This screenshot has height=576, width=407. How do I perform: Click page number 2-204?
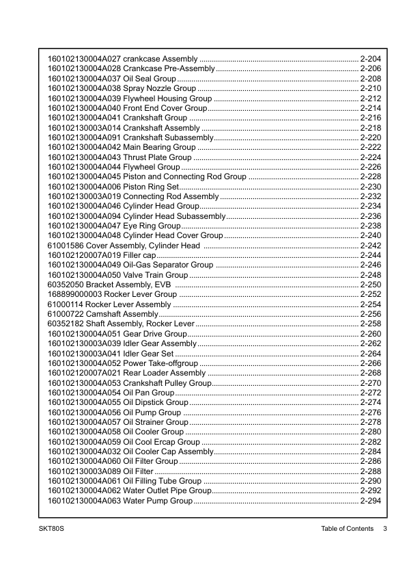point(370,60)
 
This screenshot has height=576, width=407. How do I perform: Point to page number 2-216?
point(370,118)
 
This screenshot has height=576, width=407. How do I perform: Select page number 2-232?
point(370,196)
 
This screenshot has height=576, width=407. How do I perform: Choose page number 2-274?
point(370,402)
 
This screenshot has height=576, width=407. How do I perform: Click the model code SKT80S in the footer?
point(52,529)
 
